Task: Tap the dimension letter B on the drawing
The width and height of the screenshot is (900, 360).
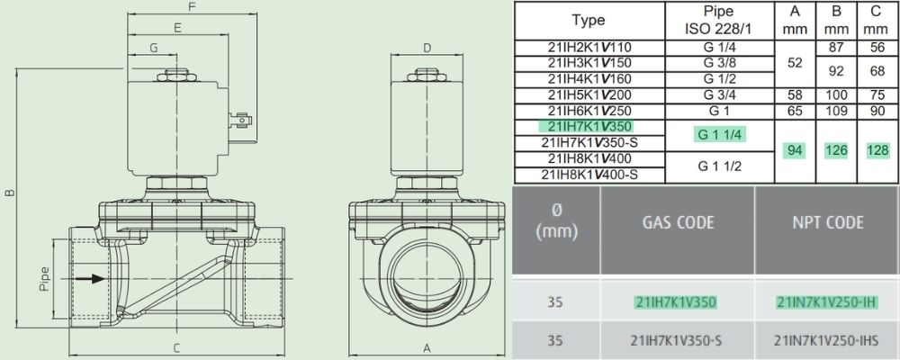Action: click(x=10, y=193)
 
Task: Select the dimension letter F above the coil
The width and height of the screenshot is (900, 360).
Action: click(x=193, y=7)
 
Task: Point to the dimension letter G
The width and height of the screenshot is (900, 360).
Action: click(x=153, y=49)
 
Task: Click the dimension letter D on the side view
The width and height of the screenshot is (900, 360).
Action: click(x=427, y=49)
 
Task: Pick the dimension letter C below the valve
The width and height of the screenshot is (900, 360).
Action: click(x=176, y=347)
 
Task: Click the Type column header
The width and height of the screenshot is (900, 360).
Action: click(x=589, y=20)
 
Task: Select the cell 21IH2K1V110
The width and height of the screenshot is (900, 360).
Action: click(x=589, y=48)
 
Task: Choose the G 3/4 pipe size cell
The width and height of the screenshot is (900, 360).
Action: click(x=719, y=95)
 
